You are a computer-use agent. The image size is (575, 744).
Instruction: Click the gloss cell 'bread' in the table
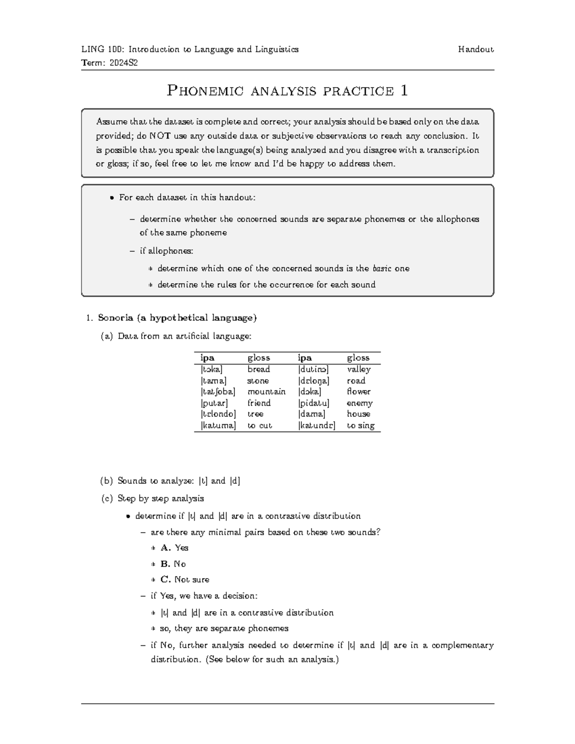tap(259, 369)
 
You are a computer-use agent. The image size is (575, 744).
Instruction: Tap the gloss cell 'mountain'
tap(266, 392)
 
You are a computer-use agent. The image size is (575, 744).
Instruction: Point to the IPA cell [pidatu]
tap(314, 403)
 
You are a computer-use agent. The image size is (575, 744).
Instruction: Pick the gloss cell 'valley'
tap(358, 369)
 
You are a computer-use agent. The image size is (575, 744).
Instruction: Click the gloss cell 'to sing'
tap(360, 425)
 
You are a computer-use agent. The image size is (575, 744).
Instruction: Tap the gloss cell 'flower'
tap(358, 392)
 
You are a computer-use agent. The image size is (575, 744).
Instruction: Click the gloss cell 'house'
tap(358, 414)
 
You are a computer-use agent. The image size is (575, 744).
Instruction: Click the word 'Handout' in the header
tap(475, 49)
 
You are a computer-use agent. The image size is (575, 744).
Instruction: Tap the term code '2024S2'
tap(123, 63)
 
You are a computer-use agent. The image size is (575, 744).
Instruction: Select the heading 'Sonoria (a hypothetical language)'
tap(177, 318)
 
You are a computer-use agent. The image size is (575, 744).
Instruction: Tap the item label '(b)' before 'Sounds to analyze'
tap(107, 481)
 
